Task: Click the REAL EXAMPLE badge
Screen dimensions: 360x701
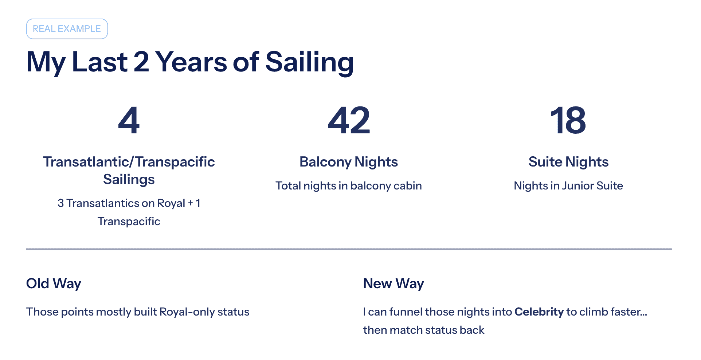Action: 67,29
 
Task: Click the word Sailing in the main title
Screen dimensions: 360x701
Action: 309,62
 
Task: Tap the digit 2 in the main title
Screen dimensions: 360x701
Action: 141,62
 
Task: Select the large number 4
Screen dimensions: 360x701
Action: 129,120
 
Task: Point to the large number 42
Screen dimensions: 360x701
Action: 349,120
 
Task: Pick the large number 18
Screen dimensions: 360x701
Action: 568,120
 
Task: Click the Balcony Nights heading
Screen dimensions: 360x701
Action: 349,162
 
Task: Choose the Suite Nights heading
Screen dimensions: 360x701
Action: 568,162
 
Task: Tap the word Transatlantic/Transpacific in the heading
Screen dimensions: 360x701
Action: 129,162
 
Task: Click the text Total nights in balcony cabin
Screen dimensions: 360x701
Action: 349,186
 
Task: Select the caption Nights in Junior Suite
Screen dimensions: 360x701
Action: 568,186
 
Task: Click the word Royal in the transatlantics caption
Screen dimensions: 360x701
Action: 171,203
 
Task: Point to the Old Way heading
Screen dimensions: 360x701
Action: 54,283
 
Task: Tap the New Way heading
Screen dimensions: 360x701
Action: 393,283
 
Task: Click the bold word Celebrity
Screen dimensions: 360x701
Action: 539,312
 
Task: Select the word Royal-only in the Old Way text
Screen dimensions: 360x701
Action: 187,312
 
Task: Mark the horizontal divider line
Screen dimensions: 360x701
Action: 349,249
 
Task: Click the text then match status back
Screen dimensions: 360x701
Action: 424,330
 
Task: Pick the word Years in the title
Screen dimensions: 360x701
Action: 191,62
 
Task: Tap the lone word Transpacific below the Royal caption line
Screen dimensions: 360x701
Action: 129,222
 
